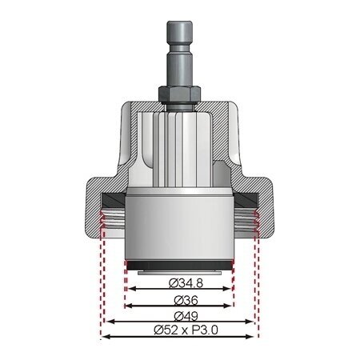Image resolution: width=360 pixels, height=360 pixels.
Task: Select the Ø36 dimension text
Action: [179, 301]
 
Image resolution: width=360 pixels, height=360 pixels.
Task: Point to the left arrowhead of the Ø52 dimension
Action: [104, 338]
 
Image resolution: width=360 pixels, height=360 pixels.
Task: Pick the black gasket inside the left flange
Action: [112, 197]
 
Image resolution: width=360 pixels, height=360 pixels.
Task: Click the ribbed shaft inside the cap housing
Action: [179, 148]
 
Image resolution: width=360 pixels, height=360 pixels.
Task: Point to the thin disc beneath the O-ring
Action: [179, 272]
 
